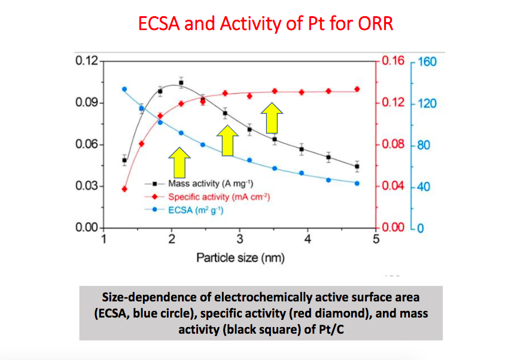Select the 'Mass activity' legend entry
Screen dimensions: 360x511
202,184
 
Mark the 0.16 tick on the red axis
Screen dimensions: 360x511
393,61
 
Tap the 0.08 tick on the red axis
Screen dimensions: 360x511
393,145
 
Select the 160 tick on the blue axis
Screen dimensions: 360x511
428,62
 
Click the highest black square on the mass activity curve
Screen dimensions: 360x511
181,83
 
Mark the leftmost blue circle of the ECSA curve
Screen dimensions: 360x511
124,89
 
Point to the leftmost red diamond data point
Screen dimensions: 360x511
124,189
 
